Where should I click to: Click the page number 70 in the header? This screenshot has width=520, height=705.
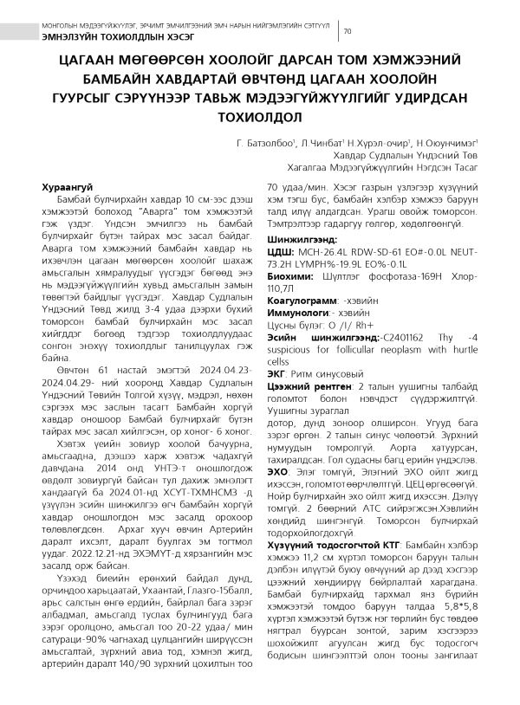click(348, 32)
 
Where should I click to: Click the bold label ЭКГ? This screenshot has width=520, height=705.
click(276, 372)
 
